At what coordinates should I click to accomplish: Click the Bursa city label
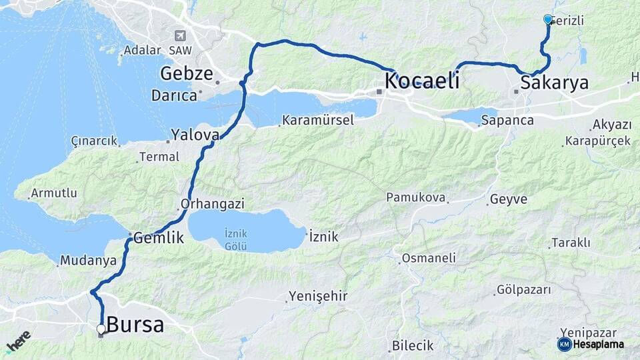(135, 325)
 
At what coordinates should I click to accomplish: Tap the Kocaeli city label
(422, 81)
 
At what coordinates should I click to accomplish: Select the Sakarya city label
(555, 83)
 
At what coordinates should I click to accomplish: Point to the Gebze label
(186, 73)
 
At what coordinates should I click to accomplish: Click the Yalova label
(195, 135)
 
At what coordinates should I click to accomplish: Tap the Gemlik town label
(159, 237)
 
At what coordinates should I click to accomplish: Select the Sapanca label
(507, 121)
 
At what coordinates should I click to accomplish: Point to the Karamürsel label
(318, 121)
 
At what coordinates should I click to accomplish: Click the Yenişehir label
(318, 296)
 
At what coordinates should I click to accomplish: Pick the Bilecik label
(413, 345)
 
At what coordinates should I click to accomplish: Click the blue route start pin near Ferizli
(548, 19)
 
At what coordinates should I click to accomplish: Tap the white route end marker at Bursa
(101, 329)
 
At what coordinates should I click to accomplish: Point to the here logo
(18, 341)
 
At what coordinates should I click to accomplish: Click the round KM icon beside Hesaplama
(564, 344)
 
